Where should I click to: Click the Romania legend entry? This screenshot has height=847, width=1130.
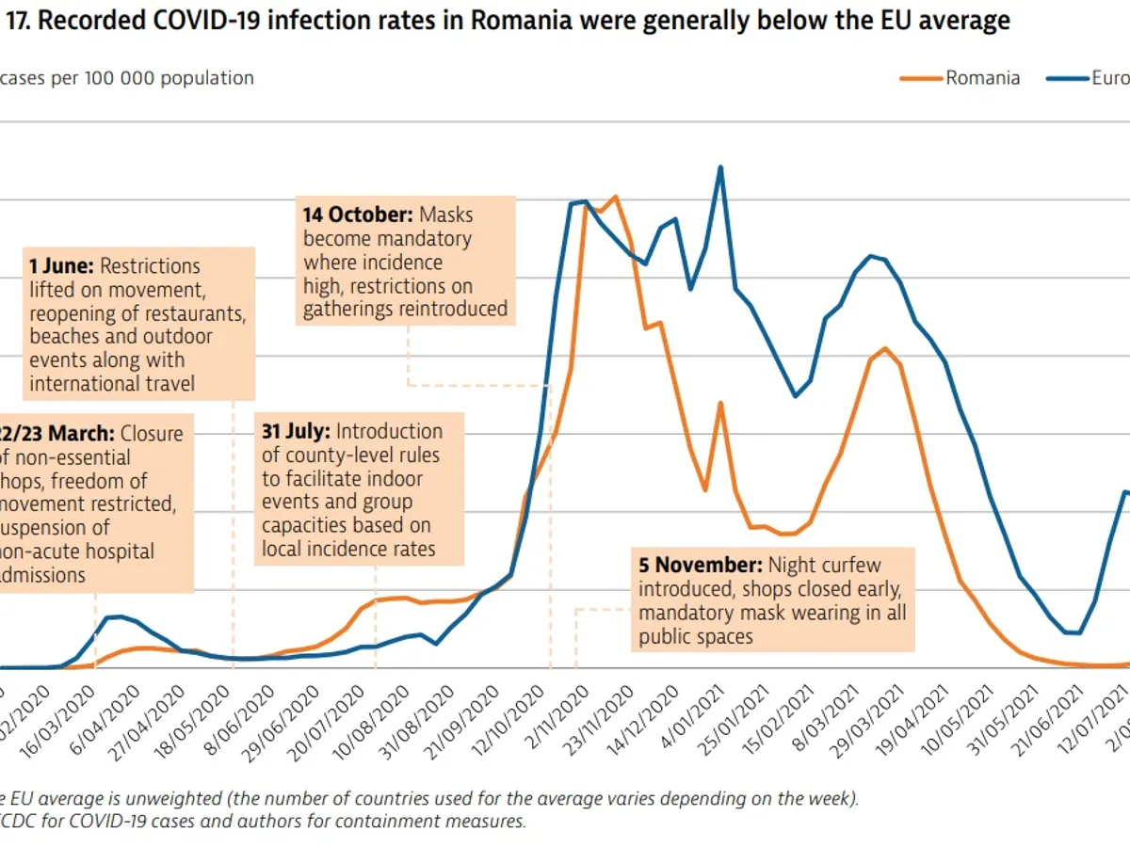(x=982, y=78)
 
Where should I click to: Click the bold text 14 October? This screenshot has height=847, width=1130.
(x=359, y=215)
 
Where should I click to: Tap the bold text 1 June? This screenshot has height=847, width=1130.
(x=61, y=266)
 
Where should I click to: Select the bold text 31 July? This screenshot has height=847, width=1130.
(x=296, y=431)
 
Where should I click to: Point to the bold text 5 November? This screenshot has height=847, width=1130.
(x=700, y=566)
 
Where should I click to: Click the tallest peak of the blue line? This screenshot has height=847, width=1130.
(x=720, y=168)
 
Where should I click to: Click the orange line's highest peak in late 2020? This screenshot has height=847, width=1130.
(x=615, y=197)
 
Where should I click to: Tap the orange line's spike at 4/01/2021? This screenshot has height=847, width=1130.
(x=720, y=403)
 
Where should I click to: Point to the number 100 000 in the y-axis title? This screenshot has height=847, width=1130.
(x=119, y=78)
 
